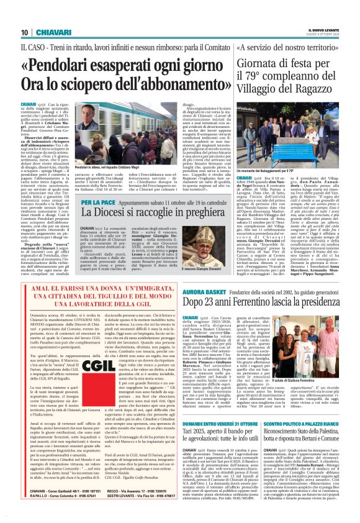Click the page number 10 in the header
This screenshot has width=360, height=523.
25,32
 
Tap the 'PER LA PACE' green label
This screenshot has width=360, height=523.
97,202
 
